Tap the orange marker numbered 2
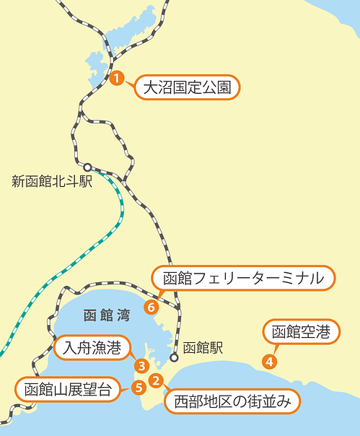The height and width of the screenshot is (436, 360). pos(156,380)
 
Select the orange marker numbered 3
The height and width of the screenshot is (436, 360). pos(142,367)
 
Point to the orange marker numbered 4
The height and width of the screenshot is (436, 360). pos(269,361)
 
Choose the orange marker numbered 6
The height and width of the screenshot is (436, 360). pos(151,307)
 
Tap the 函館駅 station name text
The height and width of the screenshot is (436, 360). pos(203,348)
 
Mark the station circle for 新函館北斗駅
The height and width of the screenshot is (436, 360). pos(87,167)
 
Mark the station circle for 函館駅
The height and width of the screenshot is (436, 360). pos(174,357)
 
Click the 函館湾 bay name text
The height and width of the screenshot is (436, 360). pos(106,315)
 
